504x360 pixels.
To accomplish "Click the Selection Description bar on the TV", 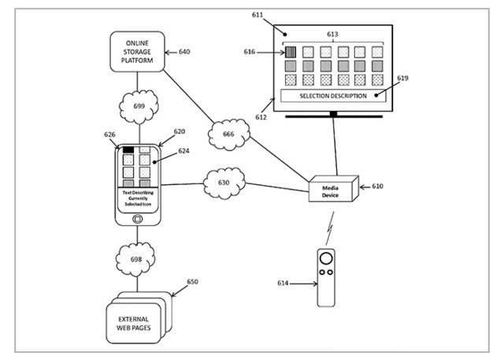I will [334, 95].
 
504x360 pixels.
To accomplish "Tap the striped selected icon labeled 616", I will [290, 52].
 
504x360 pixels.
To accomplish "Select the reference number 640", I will [183, 53].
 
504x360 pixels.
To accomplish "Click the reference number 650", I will [191, 282].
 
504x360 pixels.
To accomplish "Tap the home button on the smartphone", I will [138, 217].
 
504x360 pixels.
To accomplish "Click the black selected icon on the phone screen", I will [128, 149].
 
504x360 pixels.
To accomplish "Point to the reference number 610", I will [376, 186].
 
